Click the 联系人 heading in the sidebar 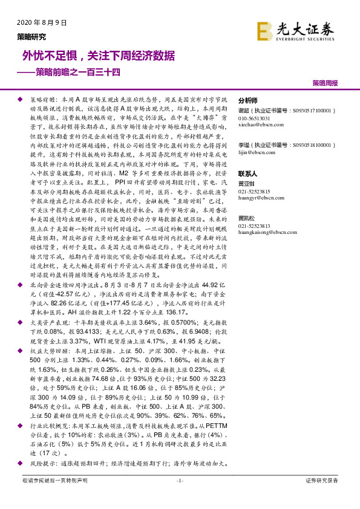point(248,173)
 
